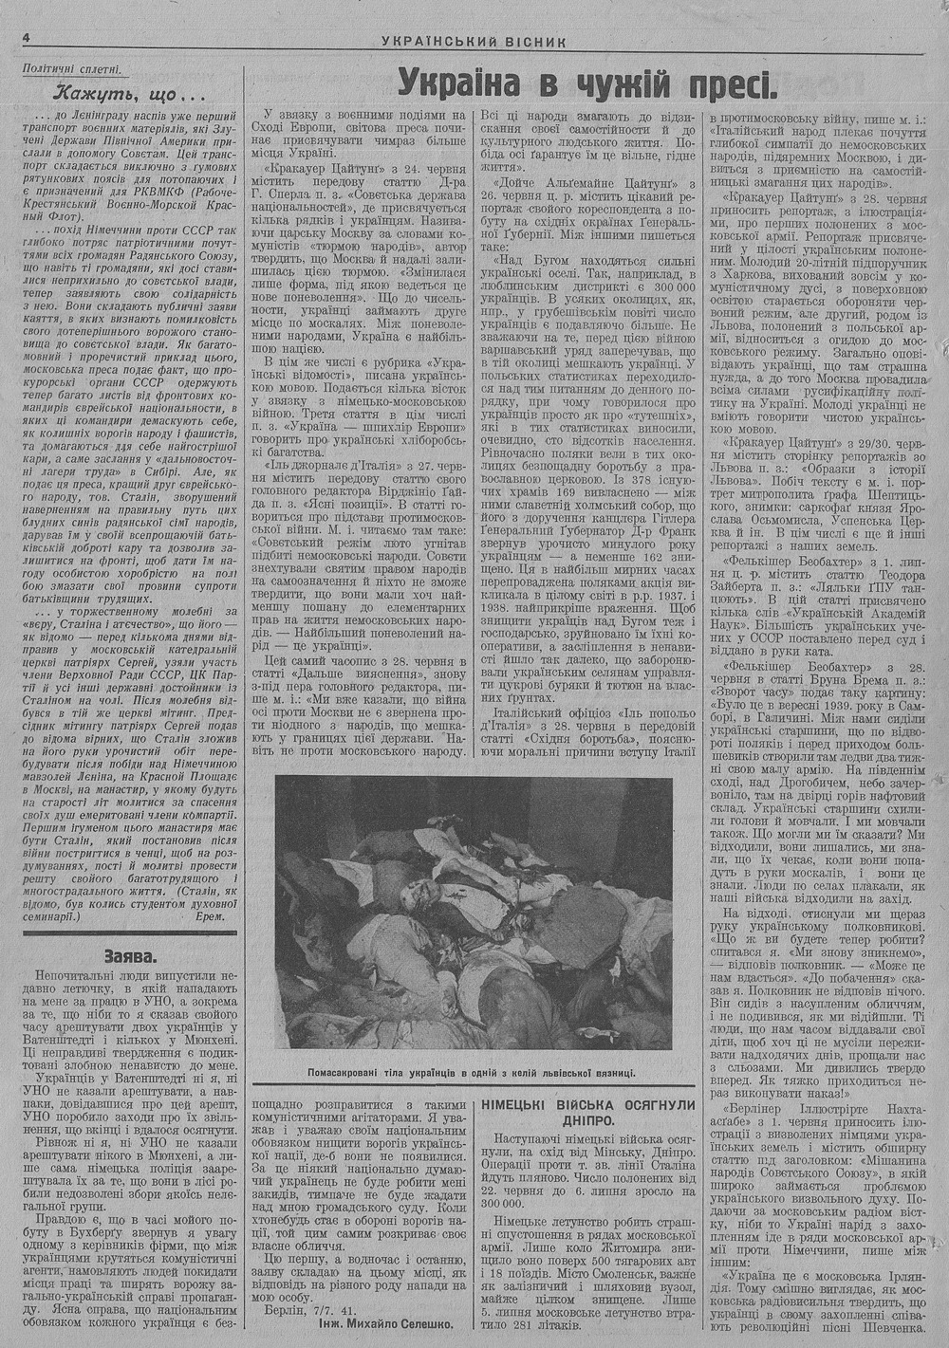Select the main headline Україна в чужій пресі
(587, 83)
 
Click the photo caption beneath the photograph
(471, 1073)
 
